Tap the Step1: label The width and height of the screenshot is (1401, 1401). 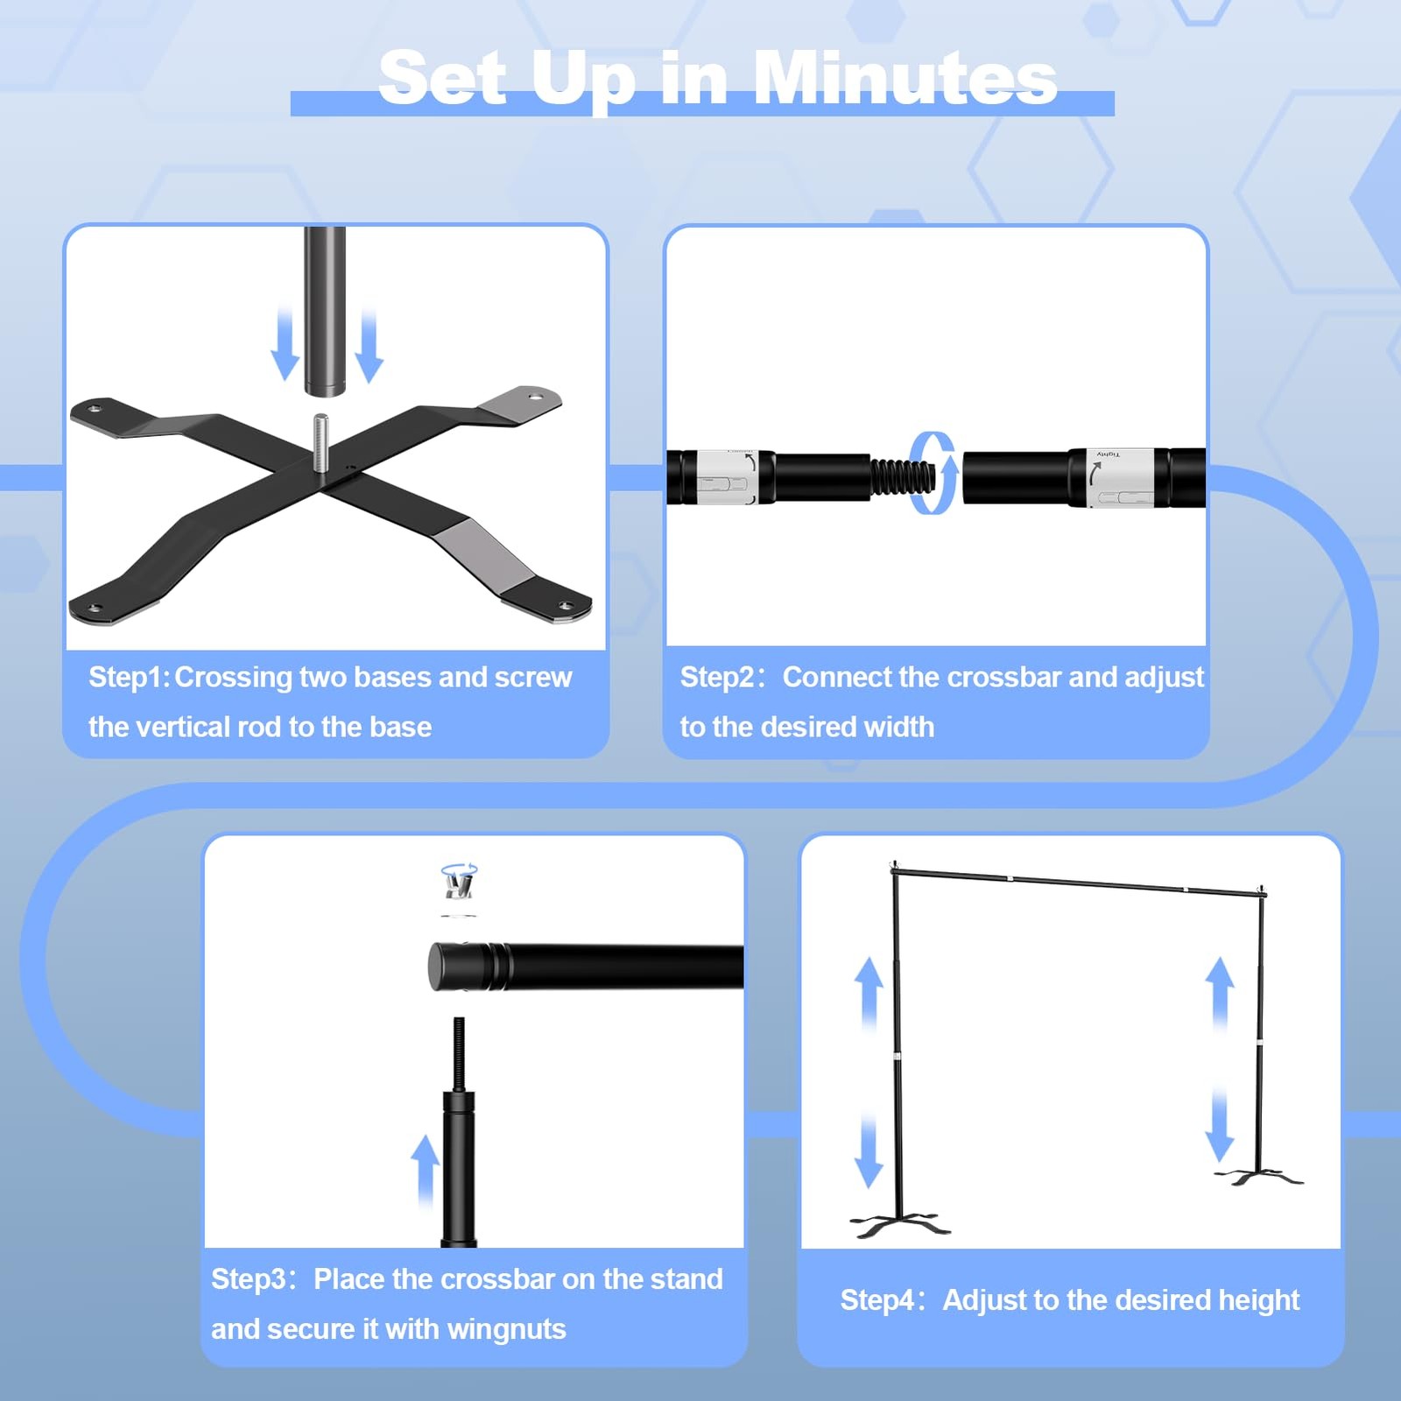tap(129, 677)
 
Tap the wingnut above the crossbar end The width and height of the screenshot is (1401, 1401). tap(459, 880)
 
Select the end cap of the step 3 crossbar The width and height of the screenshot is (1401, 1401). tap(448, 967)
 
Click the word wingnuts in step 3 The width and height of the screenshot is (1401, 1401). tap(506, 1329)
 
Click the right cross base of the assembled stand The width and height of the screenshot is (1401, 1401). tap(1259, 1176)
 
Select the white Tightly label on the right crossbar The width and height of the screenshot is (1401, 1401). tap(1116, 478)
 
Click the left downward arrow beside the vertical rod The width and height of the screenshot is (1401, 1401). tap(285, 343)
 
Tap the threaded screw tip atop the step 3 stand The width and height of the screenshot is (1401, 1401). tap(458, 1053)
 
